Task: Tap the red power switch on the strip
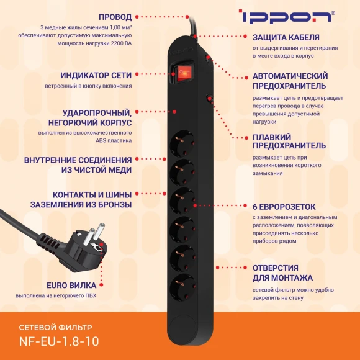[x=183, y=73]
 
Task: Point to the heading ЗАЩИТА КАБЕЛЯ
[x=286, y=37]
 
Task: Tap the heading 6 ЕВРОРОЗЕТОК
[x=284, y=206]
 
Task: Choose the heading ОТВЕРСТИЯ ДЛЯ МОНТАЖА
[x=282, y=272]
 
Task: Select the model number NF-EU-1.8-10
[x=59, y=341]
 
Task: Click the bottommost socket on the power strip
[x=181, y=284]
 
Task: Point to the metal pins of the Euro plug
[x=89, y=236]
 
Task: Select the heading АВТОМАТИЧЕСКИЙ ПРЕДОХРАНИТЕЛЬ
[x=289, y=79]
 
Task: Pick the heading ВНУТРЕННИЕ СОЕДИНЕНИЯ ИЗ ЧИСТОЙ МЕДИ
[x=78, y=164]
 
